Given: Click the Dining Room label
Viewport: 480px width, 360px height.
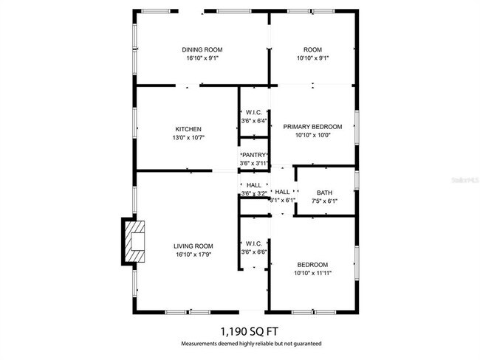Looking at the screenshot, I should (202, 50).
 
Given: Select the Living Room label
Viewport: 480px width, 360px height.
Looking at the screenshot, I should (193, 246).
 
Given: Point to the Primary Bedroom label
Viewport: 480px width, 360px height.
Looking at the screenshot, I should (312, 126).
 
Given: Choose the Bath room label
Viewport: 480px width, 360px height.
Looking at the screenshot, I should (324, 192).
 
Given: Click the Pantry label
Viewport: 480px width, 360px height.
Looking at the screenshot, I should (253, 154).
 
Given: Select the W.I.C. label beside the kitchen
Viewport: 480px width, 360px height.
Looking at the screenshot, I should (254, 112).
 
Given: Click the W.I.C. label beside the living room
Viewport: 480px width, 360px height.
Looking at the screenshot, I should (253, 243).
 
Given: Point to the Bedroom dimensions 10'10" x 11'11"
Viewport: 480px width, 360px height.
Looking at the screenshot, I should (312, 273).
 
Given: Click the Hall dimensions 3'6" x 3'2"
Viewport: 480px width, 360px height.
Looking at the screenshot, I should (254, 193).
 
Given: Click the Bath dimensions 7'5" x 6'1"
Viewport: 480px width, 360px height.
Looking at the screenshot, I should (324, 200).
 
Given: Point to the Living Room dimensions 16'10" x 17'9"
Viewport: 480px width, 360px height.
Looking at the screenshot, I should (193, 255).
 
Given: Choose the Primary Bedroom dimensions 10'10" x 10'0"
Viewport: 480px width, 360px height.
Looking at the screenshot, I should (312, 135).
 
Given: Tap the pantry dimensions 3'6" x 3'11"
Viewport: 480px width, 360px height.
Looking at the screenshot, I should (254, 162).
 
